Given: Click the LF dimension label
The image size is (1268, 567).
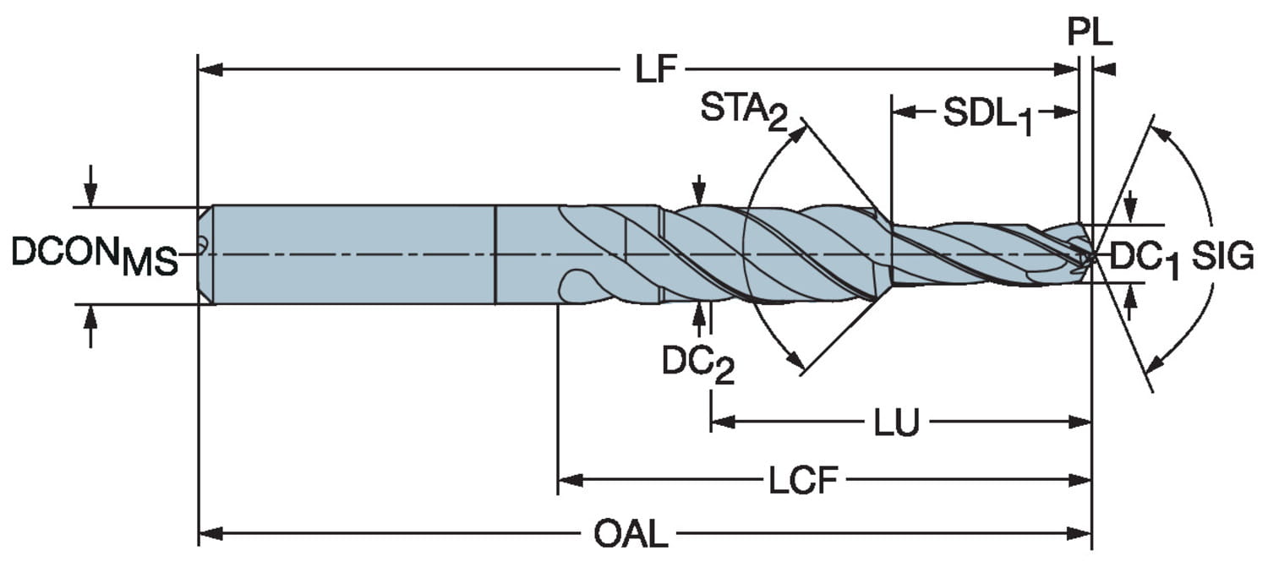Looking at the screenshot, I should (x=657, y=71).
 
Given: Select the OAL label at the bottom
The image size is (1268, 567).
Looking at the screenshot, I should (x=630, y=534).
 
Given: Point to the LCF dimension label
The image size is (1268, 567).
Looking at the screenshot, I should (x=802, y=482).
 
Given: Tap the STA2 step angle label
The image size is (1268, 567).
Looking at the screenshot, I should (x=744, y=111).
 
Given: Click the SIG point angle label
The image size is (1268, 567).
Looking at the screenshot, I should (x=1222, y=255).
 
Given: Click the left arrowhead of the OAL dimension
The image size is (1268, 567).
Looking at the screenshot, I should (x=208, y=534).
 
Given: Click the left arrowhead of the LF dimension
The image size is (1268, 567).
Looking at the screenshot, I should (x=208, y=69).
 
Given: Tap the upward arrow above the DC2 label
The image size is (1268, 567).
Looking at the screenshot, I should (x=698, y=314).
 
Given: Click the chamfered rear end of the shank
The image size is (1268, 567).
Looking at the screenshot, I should (x=205, y=254).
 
